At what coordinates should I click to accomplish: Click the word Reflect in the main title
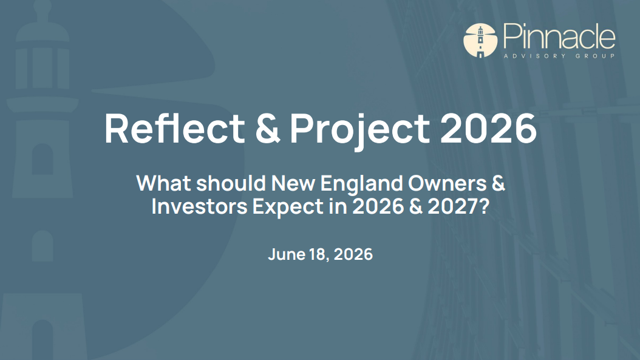pyautogui.click(x=175, y=128)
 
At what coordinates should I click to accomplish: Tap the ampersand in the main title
pyautogui.click(x=268, y=128)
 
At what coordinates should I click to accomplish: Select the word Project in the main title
pyautogui.click(x=359, y=131)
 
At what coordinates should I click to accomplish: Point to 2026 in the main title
pyautogui.click(x=488, y=129)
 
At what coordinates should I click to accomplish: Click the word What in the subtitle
pyautogui.click(x=164, y=183)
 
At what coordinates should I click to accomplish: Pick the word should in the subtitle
pyautogui.click(x=231, y=183)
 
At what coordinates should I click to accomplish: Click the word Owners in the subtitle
pyautogui.click(x=447, y=183)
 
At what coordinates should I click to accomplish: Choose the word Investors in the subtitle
pyautogui.click(x=200, y=206)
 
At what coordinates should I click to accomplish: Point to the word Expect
pyautogui.click(x=288, y=208)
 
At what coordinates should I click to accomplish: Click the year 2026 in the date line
pyautogui.click(x=353, y=254)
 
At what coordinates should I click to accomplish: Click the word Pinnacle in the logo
pyautogui.click(x=559, y=37)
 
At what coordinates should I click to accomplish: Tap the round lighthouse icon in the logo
pyautogui.click(x=480, y=40)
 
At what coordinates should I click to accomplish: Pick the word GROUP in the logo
pyautogui.click(x=596, y=56)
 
